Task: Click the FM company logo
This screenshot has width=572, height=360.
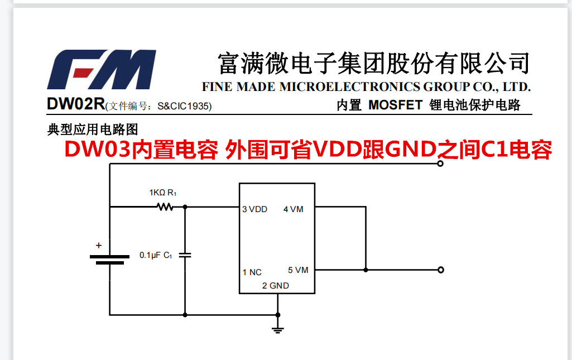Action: click(101, 70)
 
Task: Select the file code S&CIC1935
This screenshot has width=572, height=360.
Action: click(184, 105)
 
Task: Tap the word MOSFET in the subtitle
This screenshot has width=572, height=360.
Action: click(395, 105)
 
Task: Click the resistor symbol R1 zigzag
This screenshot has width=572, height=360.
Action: click(165, 207)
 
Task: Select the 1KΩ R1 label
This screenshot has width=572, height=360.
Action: click(162, 193)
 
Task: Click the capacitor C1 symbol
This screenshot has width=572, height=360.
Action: click(185, 255)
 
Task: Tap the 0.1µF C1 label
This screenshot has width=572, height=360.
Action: click(155, 255)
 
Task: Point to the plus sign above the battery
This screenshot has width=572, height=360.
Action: click(99, 245)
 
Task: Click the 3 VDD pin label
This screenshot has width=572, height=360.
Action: click(254, 209)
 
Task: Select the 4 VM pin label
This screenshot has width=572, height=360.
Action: click(293, 209)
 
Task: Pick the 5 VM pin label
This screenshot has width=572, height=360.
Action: click(298, 270)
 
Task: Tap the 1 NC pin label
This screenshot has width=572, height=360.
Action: click(252, 272)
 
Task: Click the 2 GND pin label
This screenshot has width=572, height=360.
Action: click(276, 286)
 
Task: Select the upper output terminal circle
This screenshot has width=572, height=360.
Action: click(441, 164)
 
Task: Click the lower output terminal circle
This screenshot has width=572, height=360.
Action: click(441, 270)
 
